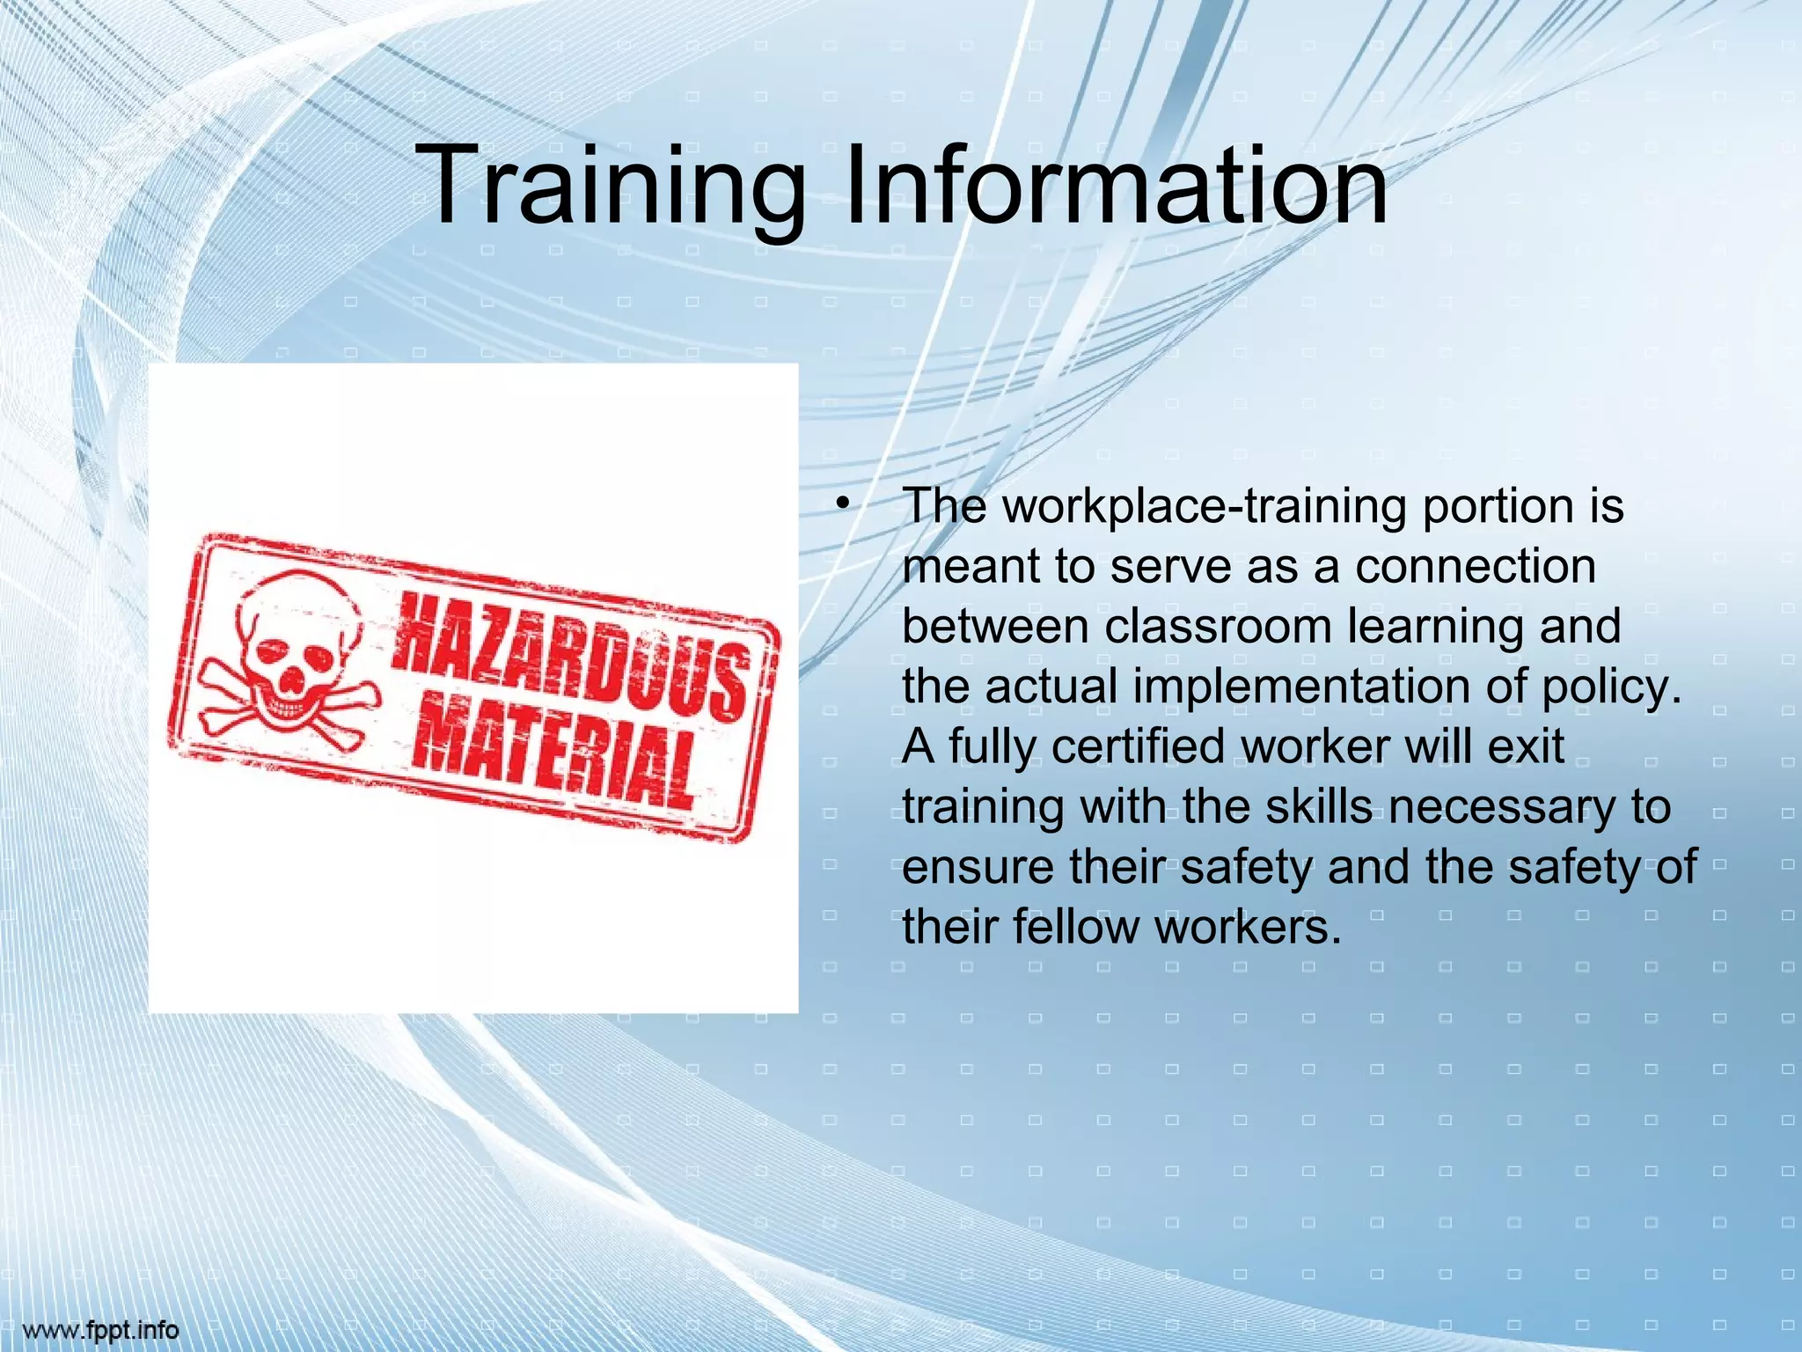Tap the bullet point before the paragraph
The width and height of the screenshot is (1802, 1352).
842,504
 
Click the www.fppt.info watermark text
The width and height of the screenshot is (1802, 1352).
101,1330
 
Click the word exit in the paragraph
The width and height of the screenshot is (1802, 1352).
1526,746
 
